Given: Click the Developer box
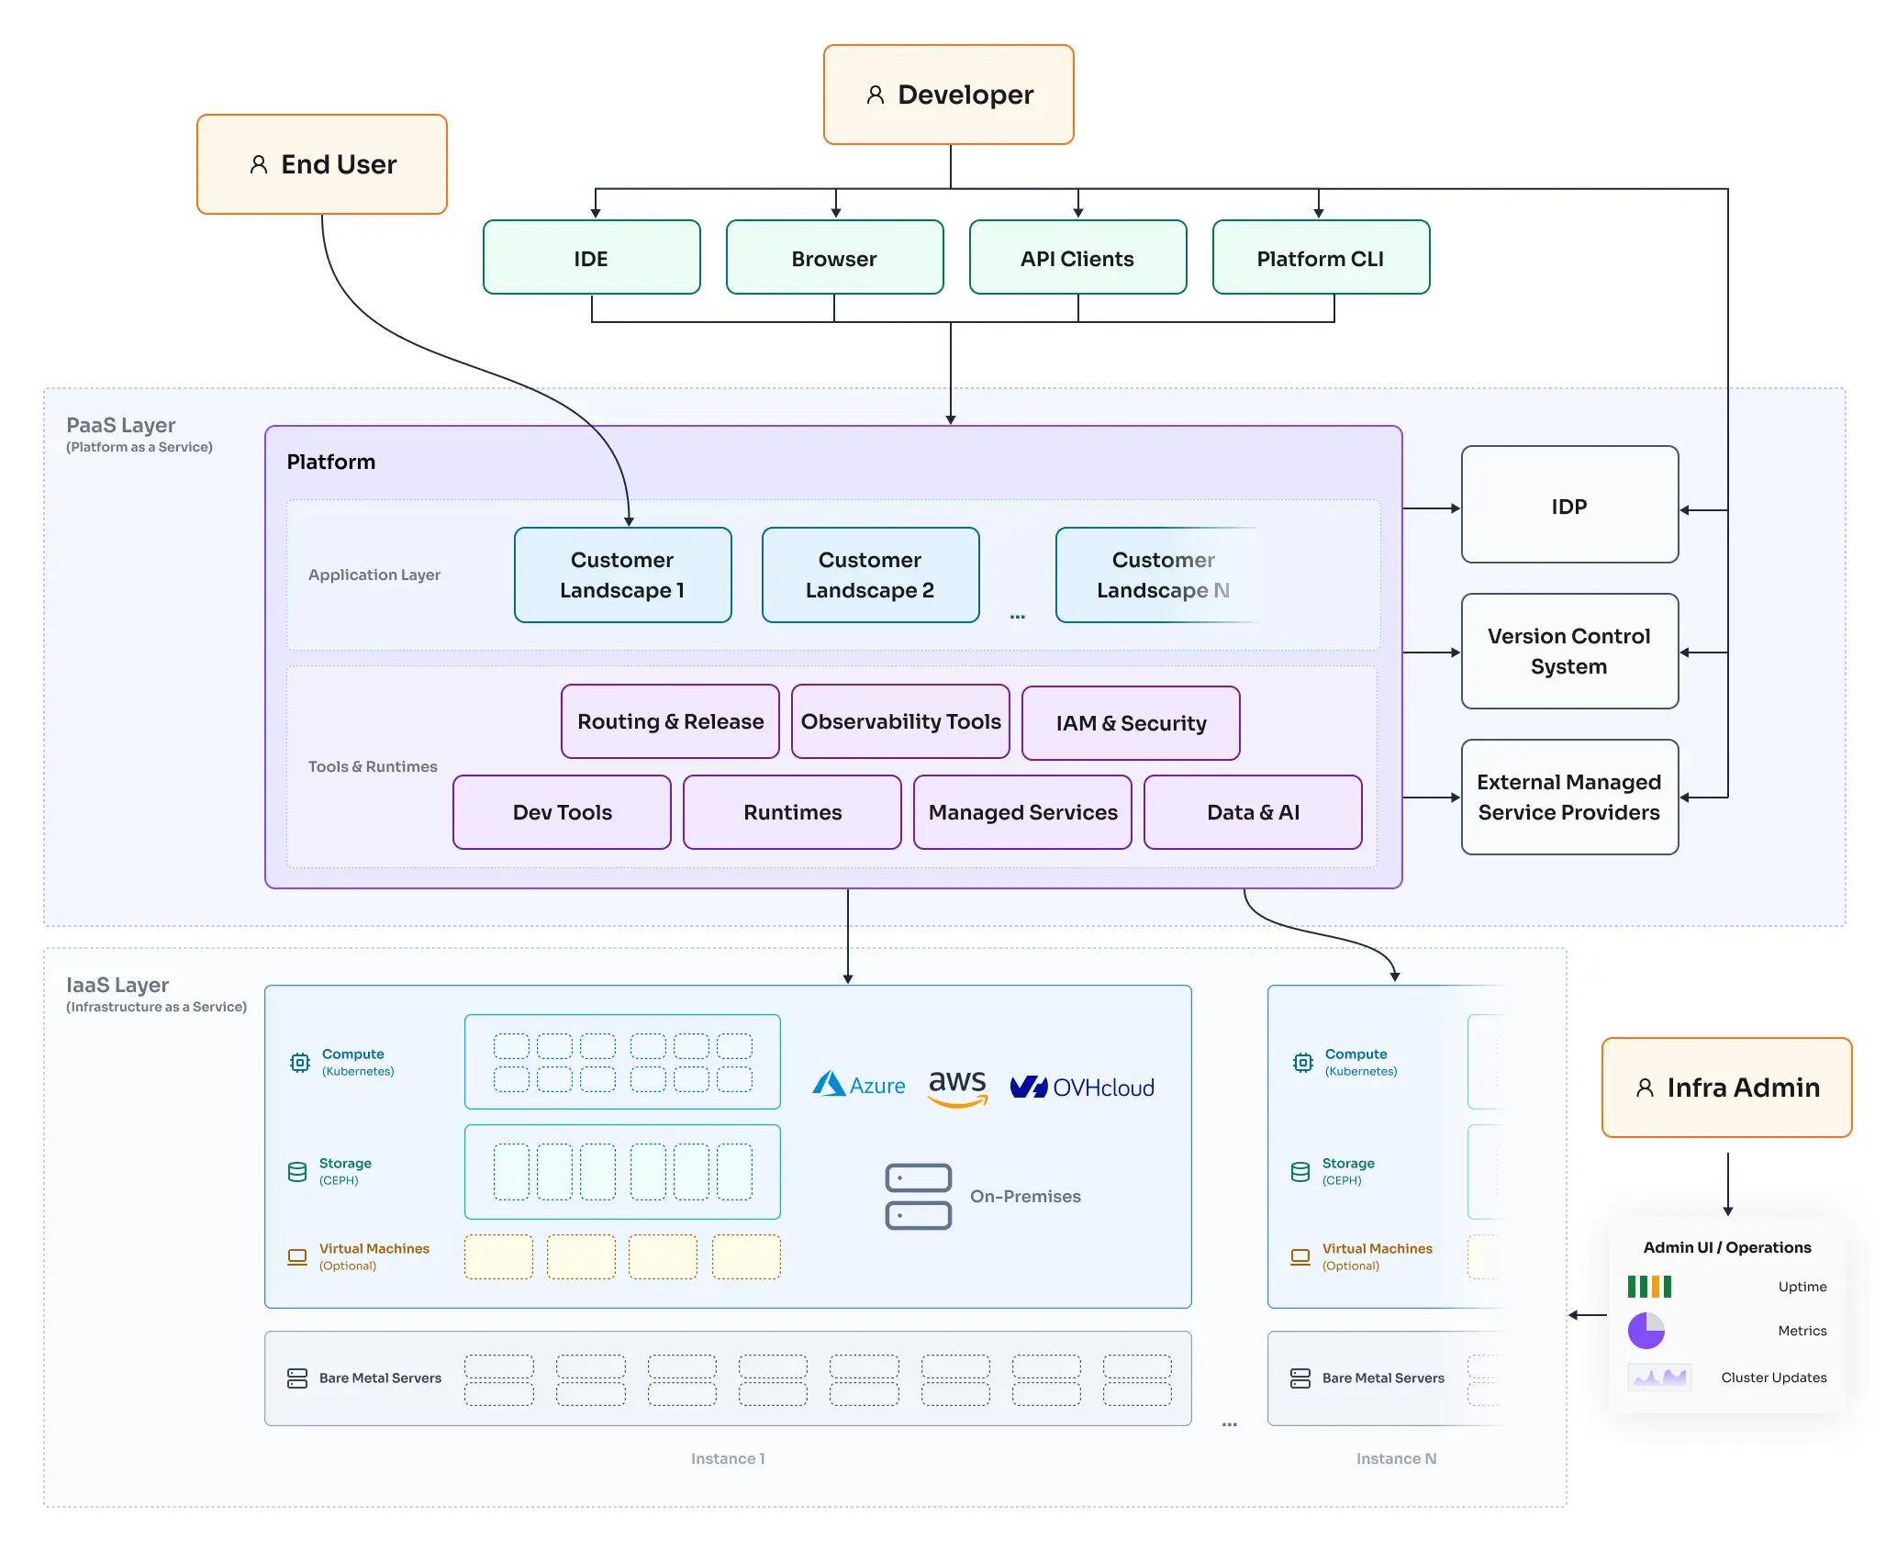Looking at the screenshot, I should point(948,95).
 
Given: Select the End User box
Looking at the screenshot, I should point(321,164).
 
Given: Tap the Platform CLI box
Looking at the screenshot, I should point(1320,258).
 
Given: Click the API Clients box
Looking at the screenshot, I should point(1077,258).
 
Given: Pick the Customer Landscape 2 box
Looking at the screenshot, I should point(869,575).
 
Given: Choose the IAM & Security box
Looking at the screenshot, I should point(1130,723).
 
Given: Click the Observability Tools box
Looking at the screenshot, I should point(899,721).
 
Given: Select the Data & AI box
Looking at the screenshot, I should point(1252,812).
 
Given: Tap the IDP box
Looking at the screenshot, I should point(1568,505).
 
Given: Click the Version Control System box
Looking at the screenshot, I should point(1568,651).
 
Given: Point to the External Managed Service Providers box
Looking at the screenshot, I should point(1568,797).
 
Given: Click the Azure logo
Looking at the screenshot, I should point(858,1085).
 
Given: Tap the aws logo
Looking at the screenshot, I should point(957,1087).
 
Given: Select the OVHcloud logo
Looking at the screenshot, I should point(1082,1088).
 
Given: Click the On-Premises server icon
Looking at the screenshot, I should point(918,1196).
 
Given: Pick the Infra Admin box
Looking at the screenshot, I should point(1726,1088).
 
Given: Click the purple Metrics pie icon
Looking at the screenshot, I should point(1646,1330).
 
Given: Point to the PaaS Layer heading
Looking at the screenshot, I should point(120,425).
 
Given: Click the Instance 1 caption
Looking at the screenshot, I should point(727,1458).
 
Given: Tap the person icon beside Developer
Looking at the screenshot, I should point(875,95).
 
